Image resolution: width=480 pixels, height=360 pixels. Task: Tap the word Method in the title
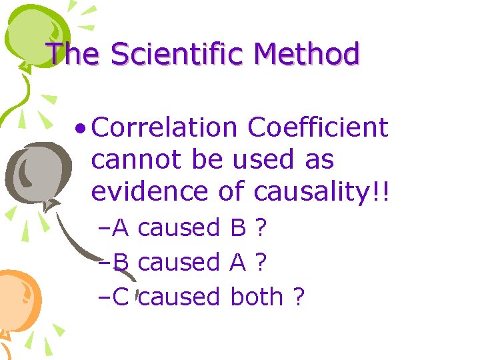[x=309, y=53]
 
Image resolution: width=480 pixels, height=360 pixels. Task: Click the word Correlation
[x=165, y=127]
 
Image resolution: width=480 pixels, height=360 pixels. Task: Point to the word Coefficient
[x=317, y=127]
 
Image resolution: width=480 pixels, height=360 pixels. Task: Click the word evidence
[x=147, y=191]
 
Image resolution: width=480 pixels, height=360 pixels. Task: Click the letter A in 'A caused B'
[x=121, y=228]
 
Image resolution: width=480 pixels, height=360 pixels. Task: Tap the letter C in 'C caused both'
[x=121, y=297]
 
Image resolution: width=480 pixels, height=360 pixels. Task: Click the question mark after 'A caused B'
[x=261, y=228]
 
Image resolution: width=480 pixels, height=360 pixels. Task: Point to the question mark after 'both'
[x=298, y=297]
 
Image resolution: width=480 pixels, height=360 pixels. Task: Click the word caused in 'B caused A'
[x=179, y=263]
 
